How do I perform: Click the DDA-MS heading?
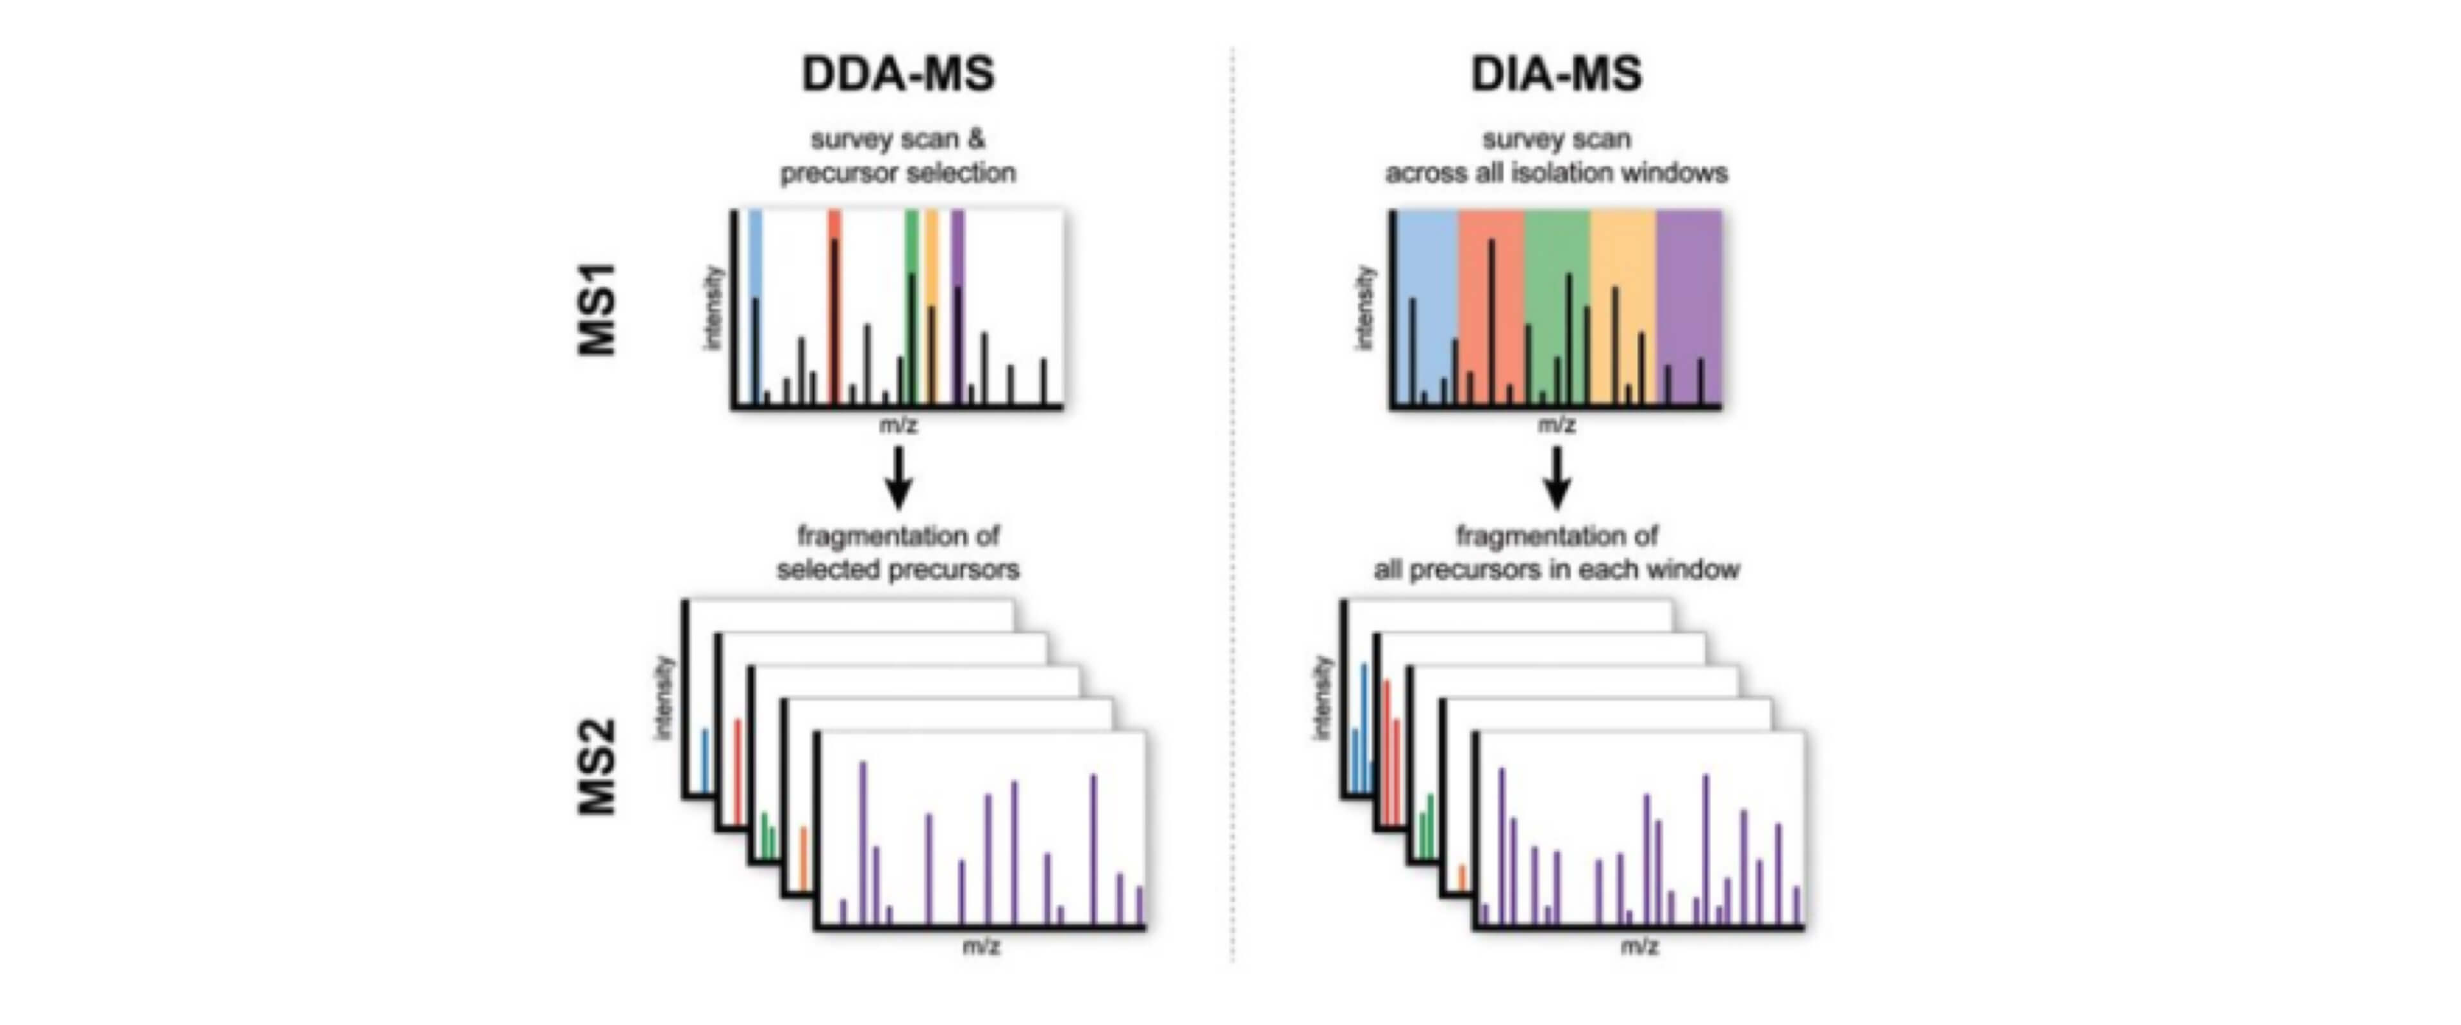point(898,74)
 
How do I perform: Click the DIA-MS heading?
point(1556,74)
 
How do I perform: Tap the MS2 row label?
point(598,767)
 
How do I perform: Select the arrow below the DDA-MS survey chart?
point(898,478)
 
